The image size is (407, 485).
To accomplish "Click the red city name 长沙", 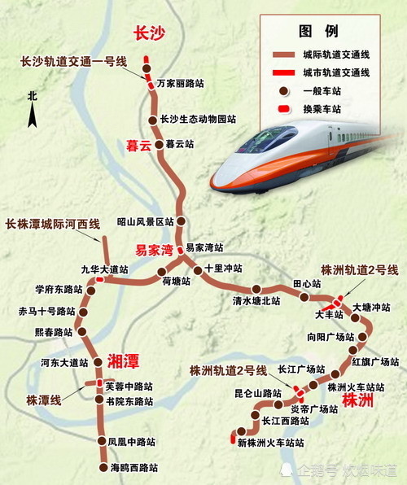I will (151, 33).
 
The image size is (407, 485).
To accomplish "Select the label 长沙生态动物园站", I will (198, 119).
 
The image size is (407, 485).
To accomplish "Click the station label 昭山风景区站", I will (146, 221).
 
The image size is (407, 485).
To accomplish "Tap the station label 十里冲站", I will (224, 267).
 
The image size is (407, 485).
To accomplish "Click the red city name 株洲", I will (358, 400).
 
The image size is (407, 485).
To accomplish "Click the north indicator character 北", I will (32, 95).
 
